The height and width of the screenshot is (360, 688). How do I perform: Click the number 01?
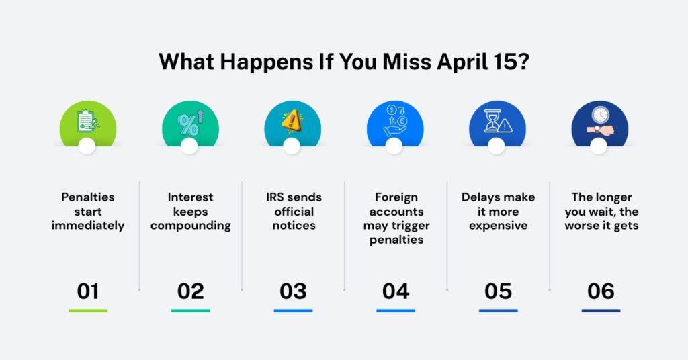88,291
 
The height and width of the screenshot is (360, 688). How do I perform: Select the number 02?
190,291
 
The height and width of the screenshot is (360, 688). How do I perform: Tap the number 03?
293,291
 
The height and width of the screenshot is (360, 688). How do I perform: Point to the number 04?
396,291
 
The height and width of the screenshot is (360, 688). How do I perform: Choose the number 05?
498,291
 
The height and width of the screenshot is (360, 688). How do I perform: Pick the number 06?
601,291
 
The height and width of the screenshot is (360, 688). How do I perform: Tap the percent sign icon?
189,123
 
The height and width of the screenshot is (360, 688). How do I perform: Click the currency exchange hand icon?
395,121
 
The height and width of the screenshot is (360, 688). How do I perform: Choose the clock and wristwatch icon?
599,122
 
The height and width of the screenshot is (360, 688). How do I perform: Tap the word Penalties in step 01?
88,197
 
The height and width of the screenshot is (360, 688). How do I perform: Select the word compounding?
190,225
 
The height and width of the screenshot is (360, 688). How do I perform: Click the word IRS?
277,197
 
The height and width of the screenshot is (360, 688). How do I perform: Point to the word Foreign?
396,197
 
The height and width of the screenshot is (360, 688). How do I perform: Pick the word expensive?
498,225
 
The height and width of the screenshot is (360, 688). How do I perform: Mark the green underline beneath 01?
88,310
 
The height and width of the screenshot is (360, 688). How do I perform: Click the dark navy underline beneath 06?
601,310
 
